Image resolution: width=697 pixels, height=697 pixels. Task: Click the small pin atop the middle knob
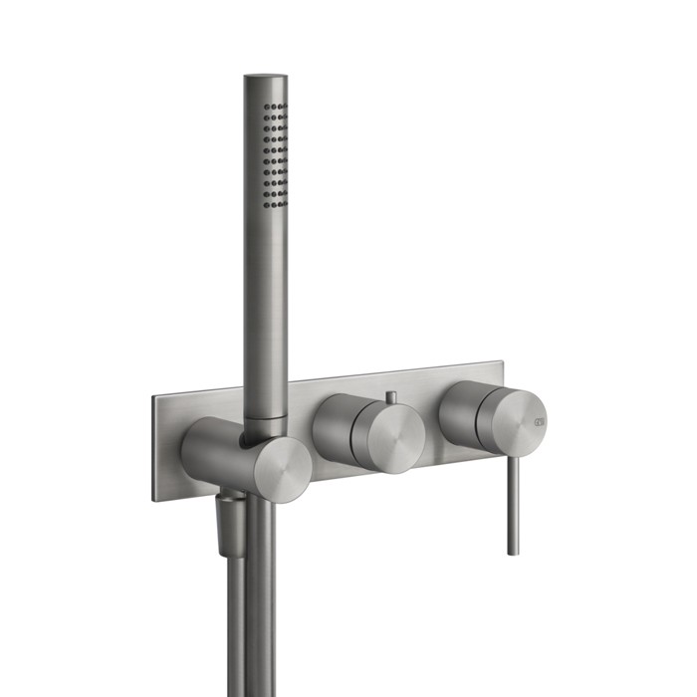coord(391,398)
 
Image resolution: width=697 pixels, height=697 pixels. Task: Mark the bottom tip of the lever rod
coord(513,551)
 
